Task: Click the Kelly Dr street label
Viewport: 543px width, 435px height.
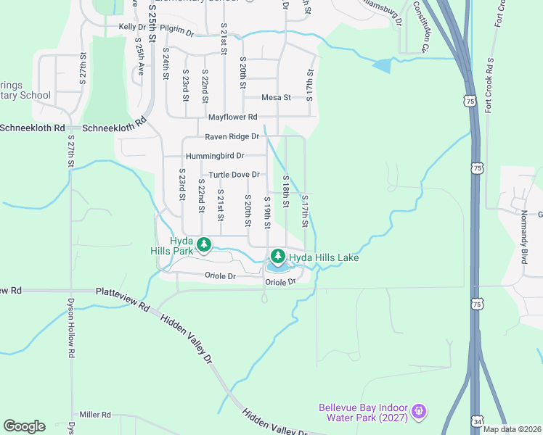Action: point(133,27)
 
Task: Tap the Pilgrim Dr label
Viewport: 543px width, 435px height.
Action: point(177,32)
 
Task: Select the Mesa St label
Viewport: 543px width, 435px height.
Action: point(276,97)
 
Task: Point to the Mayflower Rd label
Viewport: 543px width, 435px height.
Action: point(232,117)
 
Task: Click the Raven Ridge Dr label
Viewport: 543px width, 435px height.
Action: point(232,136)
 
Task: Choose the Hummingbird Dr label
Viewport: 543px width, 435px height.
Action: point(215,156)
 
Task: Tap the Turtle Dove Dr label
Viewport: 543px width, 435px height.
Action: point(234,175)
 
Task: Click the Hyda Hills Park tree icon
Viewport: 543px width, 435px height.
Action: point(204,244)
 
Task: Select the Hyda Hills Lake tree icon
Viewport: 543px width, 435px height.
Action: point(277,257)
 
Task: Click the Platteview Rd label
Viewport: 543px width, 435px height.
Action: point(122,292)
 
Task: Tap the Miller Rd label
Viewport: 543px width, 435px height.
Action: point(95,415)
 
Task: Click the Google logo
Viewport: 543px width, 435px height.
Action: point(24,426)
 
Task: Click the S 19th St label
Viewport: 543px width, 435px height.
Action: point(267,212)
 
